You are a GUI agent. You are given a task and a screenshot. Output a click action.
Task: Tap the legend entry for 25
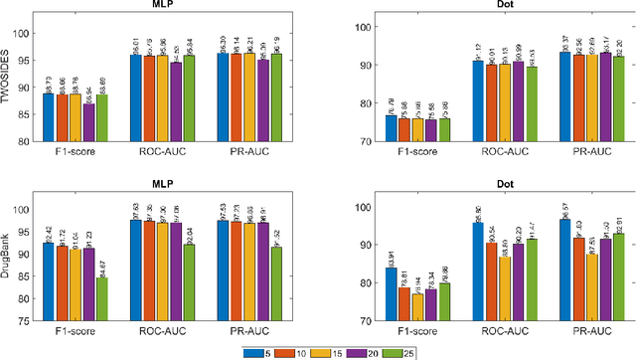[399, 351]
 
